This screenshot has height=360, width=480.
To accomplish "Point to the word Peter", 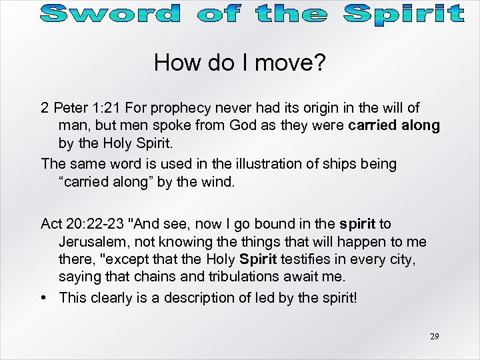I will [x=69, y=108].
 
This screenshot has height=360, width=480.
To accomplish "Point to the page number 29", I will [x=434, y=337].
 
